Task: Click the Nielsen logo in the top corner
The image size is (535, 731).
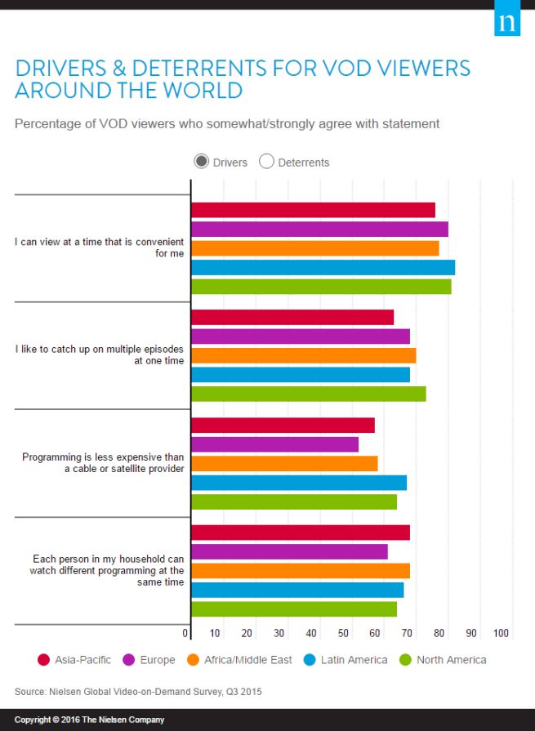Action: [507, 22]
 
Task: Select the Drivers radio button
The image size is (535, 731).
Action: [201, 162]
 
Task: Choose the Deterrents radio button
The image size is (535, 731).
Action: [266, 162]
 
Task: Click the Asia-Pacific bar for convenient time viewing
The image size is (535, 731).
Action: [313, 210]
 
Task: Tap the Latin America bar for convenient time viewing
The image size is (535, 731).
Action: [323, 267]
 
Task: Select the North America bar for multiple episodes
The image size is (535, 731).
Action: [308, 394]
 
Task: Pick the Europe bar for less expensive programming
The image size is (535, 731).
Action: [274, 444]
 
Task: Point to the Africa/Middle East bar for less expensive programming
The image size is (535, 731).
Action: [284, 463]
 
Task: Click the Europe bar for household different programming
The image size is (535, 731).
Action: [289, 551]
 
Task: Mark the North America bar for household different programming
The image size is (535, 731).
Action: [294, 608]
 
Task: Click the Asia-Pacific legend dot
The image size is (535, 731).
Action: [44, 660]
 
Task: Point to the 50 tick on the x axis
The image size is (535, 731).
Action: [342, 633]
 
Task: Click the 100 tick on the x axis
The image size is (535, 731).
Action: [501, 633]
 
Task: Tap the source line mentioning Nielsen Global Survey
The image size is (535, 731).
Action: [138, 692]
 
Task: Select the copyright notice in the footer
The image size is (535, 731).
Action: [89, 720]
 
